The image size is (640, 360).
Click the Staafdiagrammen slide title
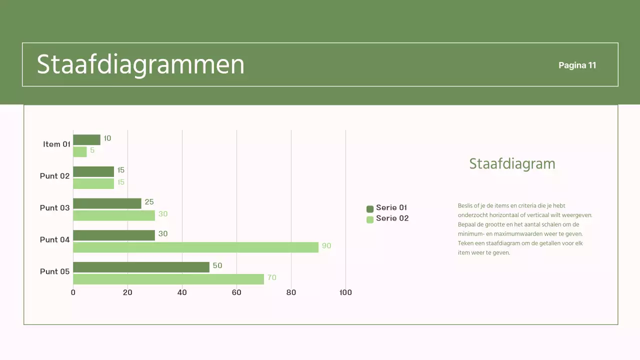(x=140, y=64)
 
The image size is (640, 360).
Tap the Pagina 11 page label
(x=577, y=65)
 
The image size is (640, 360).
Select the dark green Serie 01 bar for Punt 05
(x=141, y=267)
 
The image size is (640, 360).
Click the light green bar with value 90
(x=195, y=247)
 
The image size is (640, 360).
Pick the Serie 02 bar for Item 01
(x=80, y=151)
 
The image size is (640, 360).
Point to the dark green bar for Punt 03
(x=107, y=203)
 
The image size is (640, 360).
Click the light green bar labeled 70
(x=168, y=279)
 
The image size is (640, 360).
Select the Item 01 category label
(x=56, y=144)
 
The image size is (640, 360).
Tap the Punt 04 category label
(x=54, y=240)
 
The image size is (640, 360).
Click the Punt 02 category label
(x=54, y=176)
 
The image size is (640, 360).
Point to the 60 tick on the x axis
(x=236, y=292)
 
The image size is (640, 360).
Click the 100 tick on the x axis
(x=345, y=292)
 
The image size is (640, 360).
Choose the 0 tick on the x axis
(x=73, y=292)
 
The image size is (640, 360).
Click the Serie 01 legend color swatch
(x=370, y=209)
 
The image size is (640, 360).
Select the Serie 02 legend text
(x=392, y=218)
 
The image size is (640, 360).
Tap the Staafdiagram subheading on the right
(x=512, y=164)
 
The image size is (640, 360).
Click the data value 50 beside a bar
(x=217, y=265)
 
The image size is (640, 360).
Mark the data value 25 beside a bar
(x=149, y=202)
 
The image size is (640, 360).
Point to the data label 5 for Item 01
(x=92, y=150)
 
